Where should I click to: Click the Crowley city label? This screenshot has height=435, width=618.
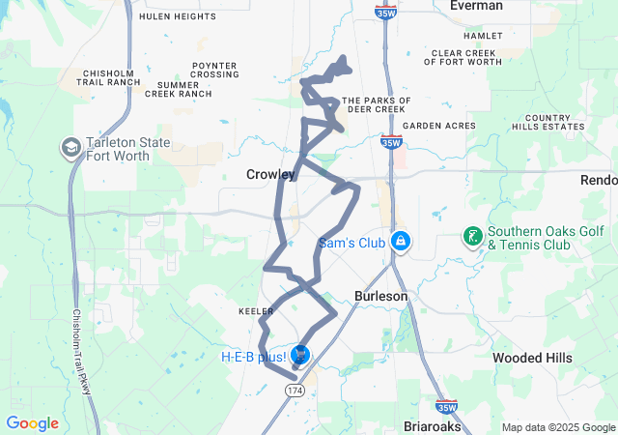(270, 174)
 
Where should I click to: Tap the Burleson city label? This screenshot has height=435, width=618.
(380, 296)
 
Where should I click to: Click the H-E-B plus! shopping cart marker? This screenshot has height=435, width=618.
(300, 357)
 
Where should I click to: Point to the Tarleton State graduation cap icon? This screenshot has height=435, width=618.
(71, 147)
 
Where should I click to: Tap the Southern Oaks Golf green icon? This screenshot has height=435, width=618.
(472, 237)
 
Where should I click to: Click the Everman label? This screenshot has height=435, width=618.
(476, 6)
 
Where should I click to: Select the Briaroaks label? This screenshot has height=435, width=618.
(434, 425)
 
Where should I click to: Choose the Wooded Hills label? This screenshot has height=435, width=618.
(532, 358)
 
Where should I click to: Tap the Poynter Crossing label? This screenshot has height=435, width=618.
(214, 70)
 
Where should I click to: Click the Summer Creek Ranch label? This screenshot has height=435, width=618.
(183, 90)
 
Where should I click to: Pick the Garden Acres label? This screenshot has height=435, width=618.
(439, 126)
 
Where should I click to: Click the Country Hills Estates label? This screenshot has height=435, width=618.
(548, 122)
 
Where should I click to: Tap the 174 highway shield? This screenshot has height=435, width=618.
(295, 389)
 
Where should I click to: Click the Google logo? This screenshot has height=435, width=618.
(33, 423)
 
